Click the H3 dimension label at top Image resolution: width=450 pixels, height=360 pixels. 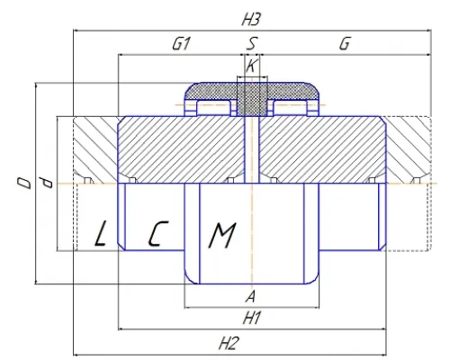(x=250, y=20)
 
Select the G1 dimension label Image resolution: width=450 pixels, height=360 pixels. (x=181, y=44)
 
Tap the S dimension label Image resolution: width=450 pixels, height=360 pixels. (x=252, y=44)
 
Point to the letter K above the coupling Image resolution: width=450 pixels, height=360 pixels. (x=251, y=66)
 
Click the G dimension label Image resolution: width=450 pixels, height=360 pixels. (x=345, y=44)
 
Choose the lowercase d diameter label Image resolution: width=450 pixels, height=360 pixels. (x=47, y=183)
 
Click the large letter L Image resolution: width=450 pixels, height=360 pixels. (x=101, y=233)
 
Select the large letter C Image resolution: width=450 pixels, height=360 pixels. (x=157, y=234)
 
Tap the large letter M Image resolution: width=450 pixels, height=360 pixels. (x=222, y=235)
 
